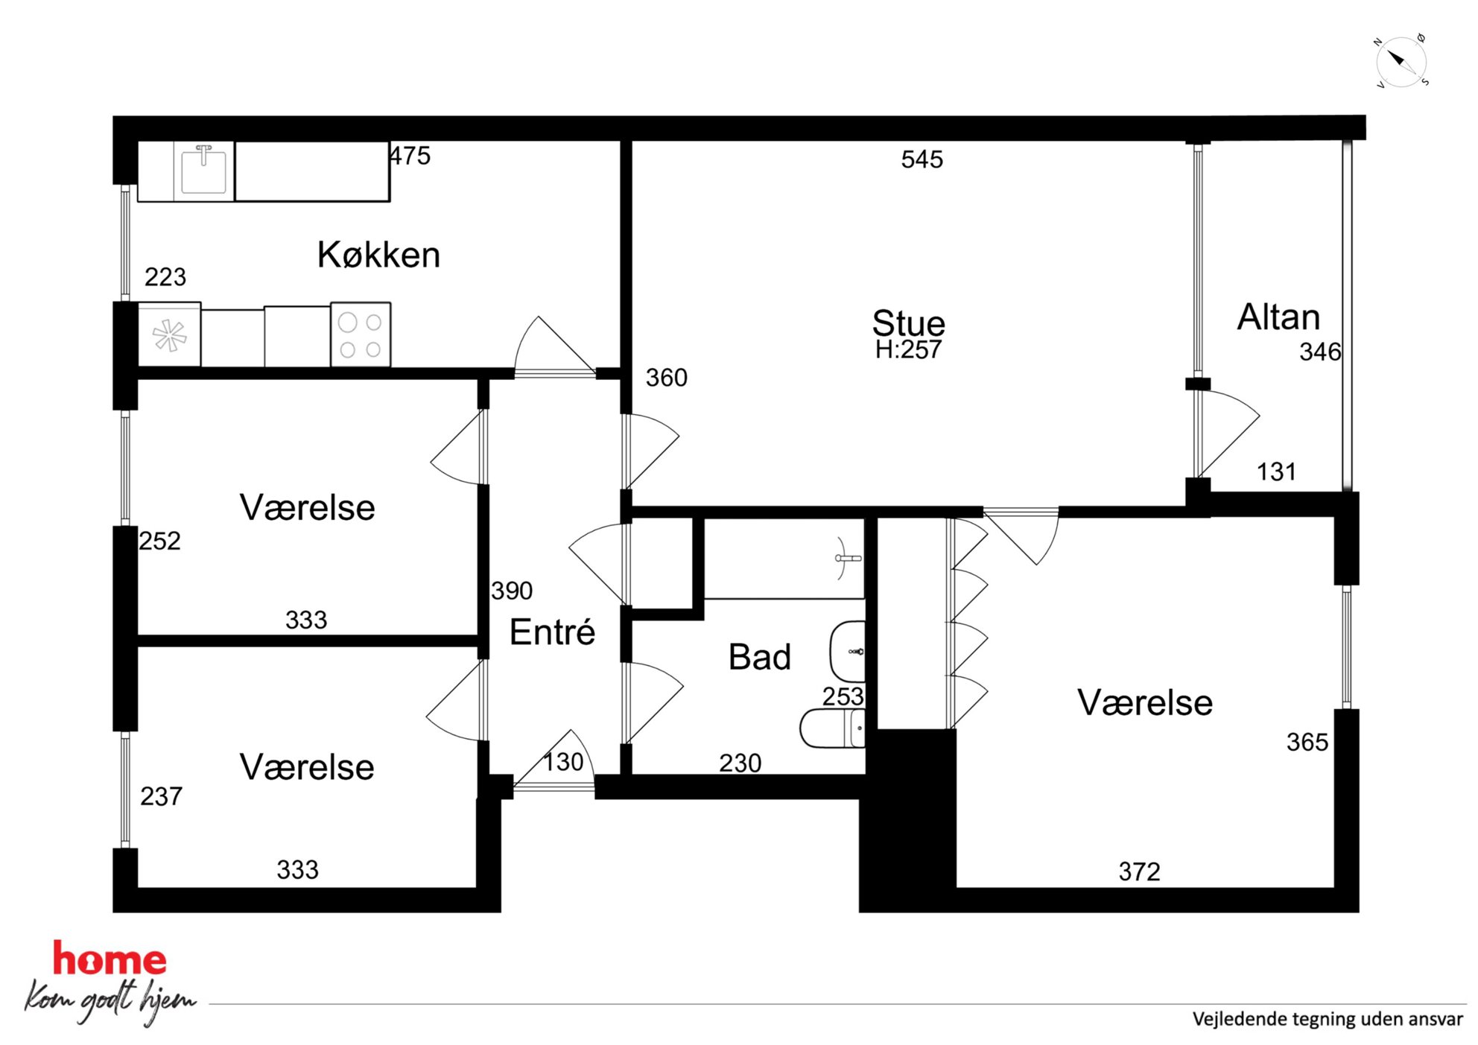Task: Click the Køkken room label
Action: [378, 255]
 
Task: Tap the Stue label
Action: [908, 323]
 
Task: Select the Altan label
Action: [1278, 317]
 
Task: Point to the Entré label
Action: [552, 632]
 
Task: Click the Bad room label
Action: [759, 657]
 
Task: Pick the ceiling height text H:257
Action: [908, 349]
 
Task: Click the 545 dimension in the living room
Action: [922, 159]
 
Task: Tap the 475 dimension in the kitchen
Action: [410, 156]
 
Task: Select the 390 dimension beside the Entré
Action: [512, 591]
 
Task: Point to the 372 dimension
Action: [1140, 871]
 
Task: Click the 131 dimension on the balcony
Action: [1276, 471]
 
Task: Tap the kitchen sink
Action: [203, 171]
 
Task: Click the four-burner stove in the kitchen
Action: [361, 334]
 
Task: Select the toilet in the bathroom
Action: [833, 728]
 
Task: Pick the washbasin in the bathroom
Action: [848, 652]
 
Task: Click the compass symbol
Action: [1401, 61]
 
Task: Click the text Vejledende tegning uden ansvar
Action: [1328, 1019]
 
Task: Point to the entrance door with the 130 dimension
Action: [554, 760]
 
